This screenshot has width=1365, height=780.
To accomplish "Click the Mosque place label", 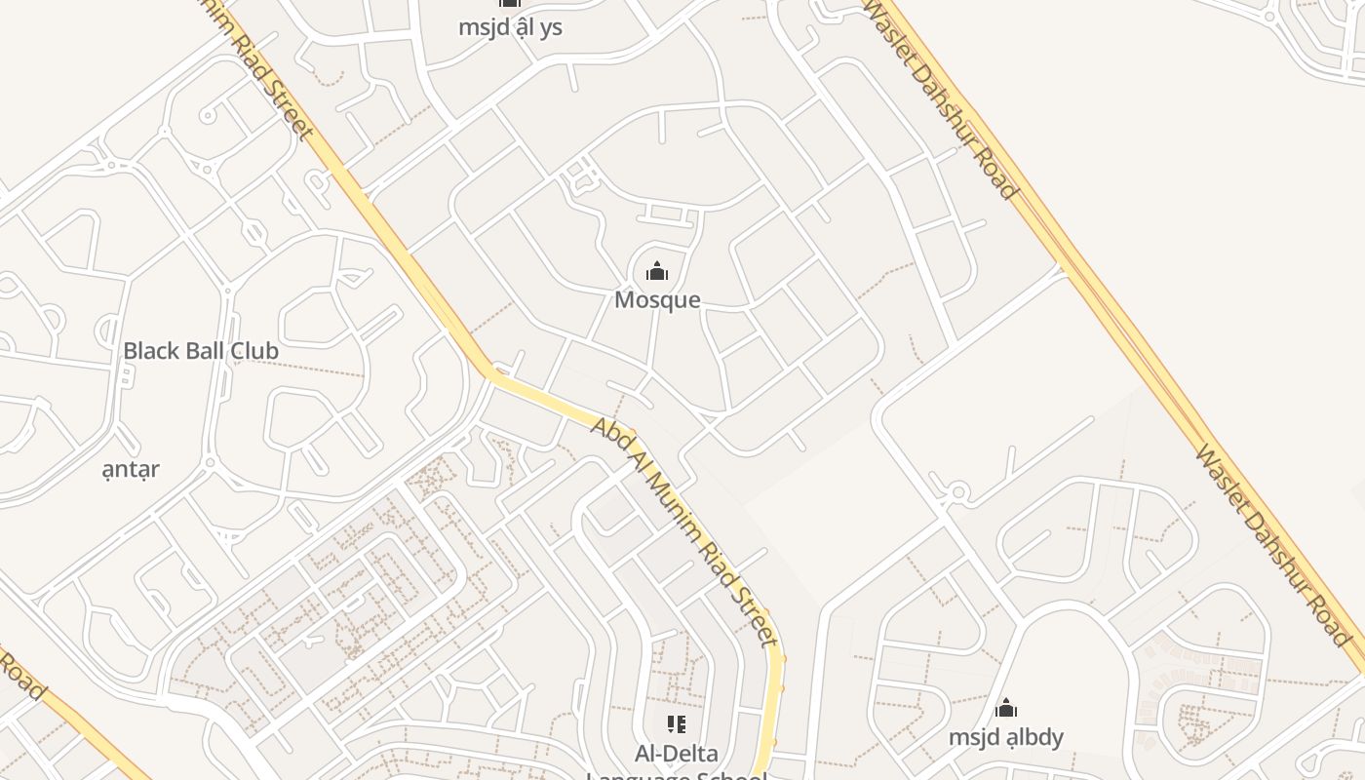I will click(x=657, y=299).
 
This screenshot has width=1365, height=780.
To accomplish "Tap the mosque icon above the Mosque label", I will click(x=657, y=271).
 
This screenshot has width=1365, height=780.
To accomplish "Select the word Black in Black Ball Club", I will click(x=149, y=350).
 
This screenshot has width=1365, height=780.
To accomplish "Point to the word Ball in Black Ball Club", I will click(x=203, y=350).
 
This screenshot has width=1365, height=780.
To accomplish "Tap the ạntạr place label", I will click(x=131, y=469).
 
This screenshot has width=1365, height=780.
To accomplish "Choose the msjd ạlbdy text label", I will click(x=1006, y=736).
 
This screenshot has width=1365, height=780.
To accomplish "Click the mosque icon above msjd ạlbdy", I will click(x=1006, y=709).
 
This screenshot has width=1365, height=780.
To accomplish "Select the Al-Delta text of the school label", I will click(x=676, y=753).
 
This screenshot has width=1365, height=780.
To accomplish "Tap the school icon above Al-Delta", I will click(x=676, y=724).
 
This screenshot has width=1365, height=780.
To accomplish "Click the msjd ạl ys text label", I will click(x=510, y=26).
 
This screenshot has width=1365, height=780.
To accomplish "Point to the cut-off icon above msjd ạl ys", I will click(x=510, y=4).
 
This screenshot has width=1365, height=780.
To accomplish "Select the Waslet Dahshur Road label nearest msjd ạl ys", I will click(x=941, y=97).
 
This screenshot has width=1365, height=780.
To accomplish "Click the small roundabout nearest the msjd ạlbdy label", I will click(x=958, y=493).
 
